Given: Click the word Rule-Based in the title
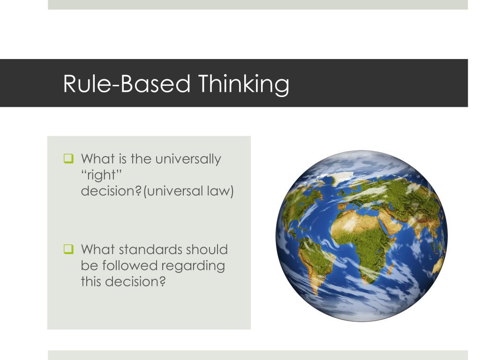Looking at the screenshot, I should point(127,84).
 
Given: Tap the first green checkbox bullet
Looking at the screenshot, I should point(68,159).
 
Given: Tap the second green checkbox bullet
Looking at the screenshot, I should point(68,249).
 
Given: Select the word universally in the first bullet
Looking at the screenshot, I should point(188,159).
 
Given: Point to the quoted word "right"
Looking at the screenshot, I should point(101,175).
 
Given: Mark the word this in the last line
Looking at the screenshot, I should point(91,282).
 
